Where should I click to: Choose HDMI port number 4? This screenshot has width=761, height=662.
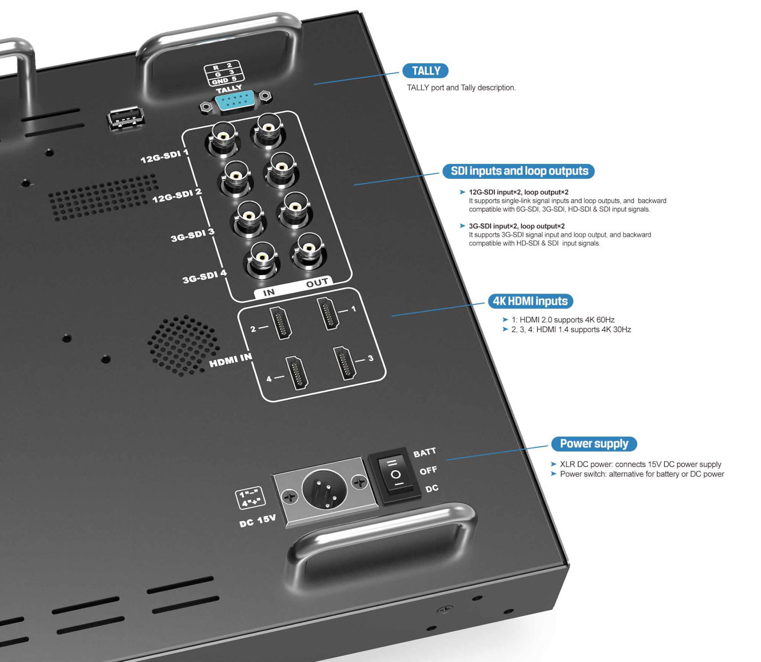[297, 373]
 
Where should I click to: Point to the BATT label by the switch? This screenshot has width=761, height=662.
[424, 452]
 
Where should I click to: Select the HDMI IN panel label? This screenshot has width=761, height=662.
[230, 360]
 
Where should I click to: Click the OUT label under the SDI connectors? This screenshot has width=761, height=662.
[317, 283]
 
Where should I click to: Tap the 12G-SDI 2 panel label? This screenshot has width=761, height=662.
[177, 196]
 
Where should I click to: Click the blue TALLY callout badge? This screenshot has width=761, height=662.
[425, 71]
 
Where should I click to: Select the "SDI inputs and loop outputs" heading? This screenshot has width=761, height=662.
[519, 171]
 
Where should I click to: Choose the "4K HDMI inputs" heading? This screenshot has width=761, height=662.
[530, 301]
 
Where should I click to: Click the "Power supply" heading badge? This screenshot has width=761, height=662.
[594, 444]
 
